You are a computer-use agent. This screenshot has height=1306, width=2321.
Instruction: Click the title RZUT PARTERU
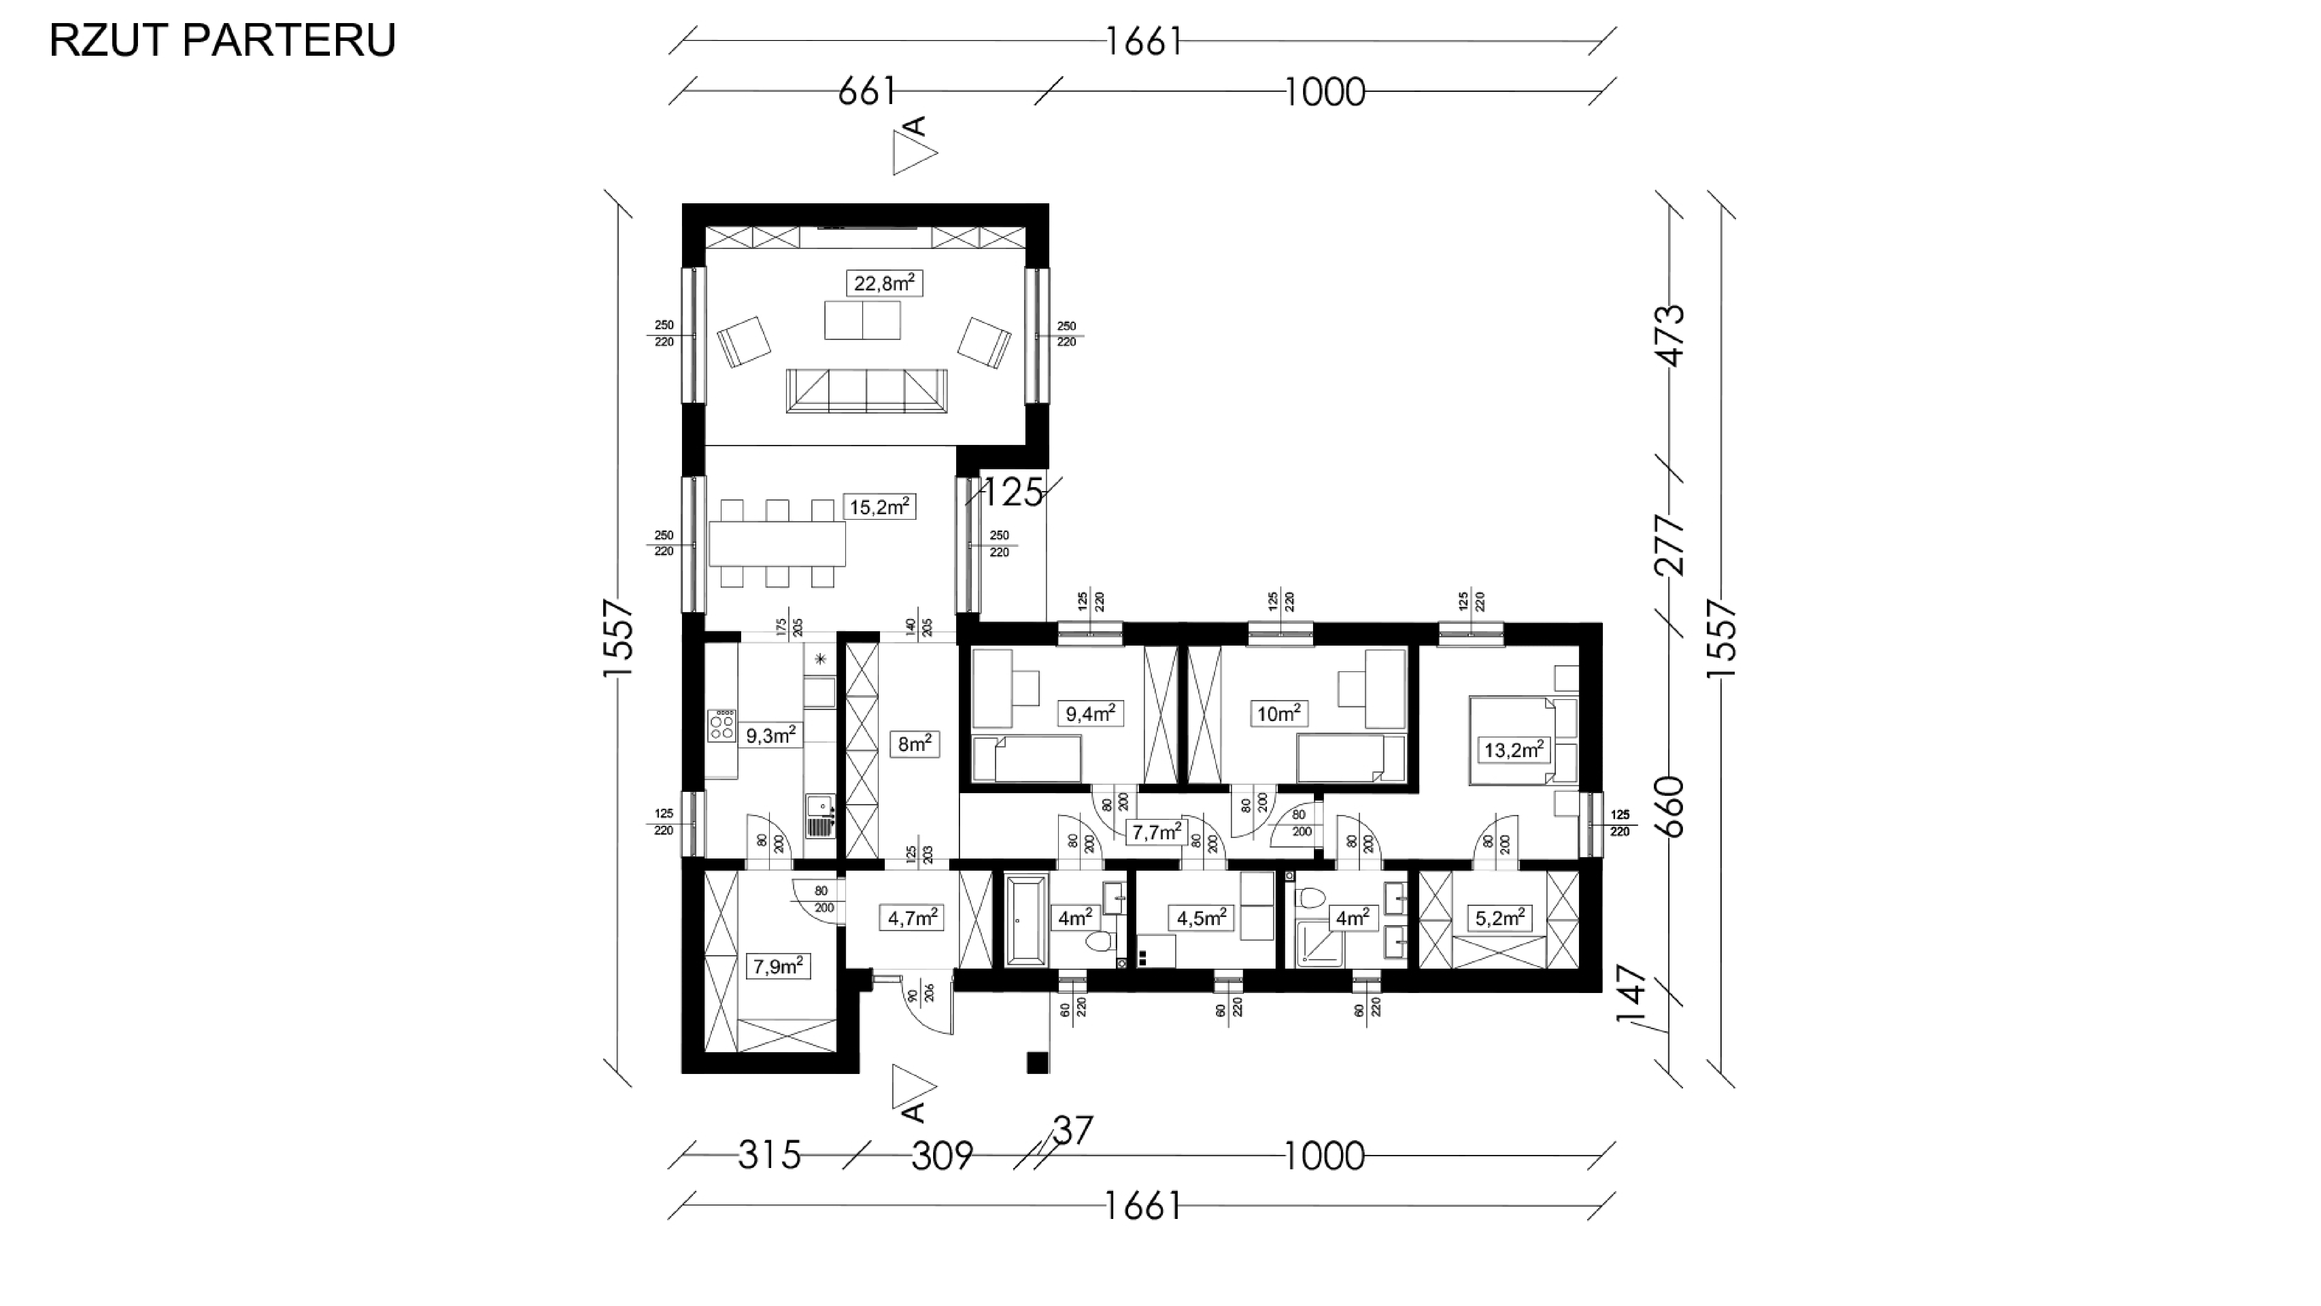coord(222,40)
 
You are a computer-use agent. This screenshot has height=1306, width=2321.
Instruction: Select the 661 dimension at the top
coord(867,91)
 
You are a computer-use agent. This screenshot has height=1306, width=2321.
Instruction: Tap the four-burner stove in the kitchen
coord(722,725)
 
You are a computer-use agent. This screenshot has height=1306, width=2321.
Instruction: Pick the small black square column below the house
coord(1038,1063)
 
